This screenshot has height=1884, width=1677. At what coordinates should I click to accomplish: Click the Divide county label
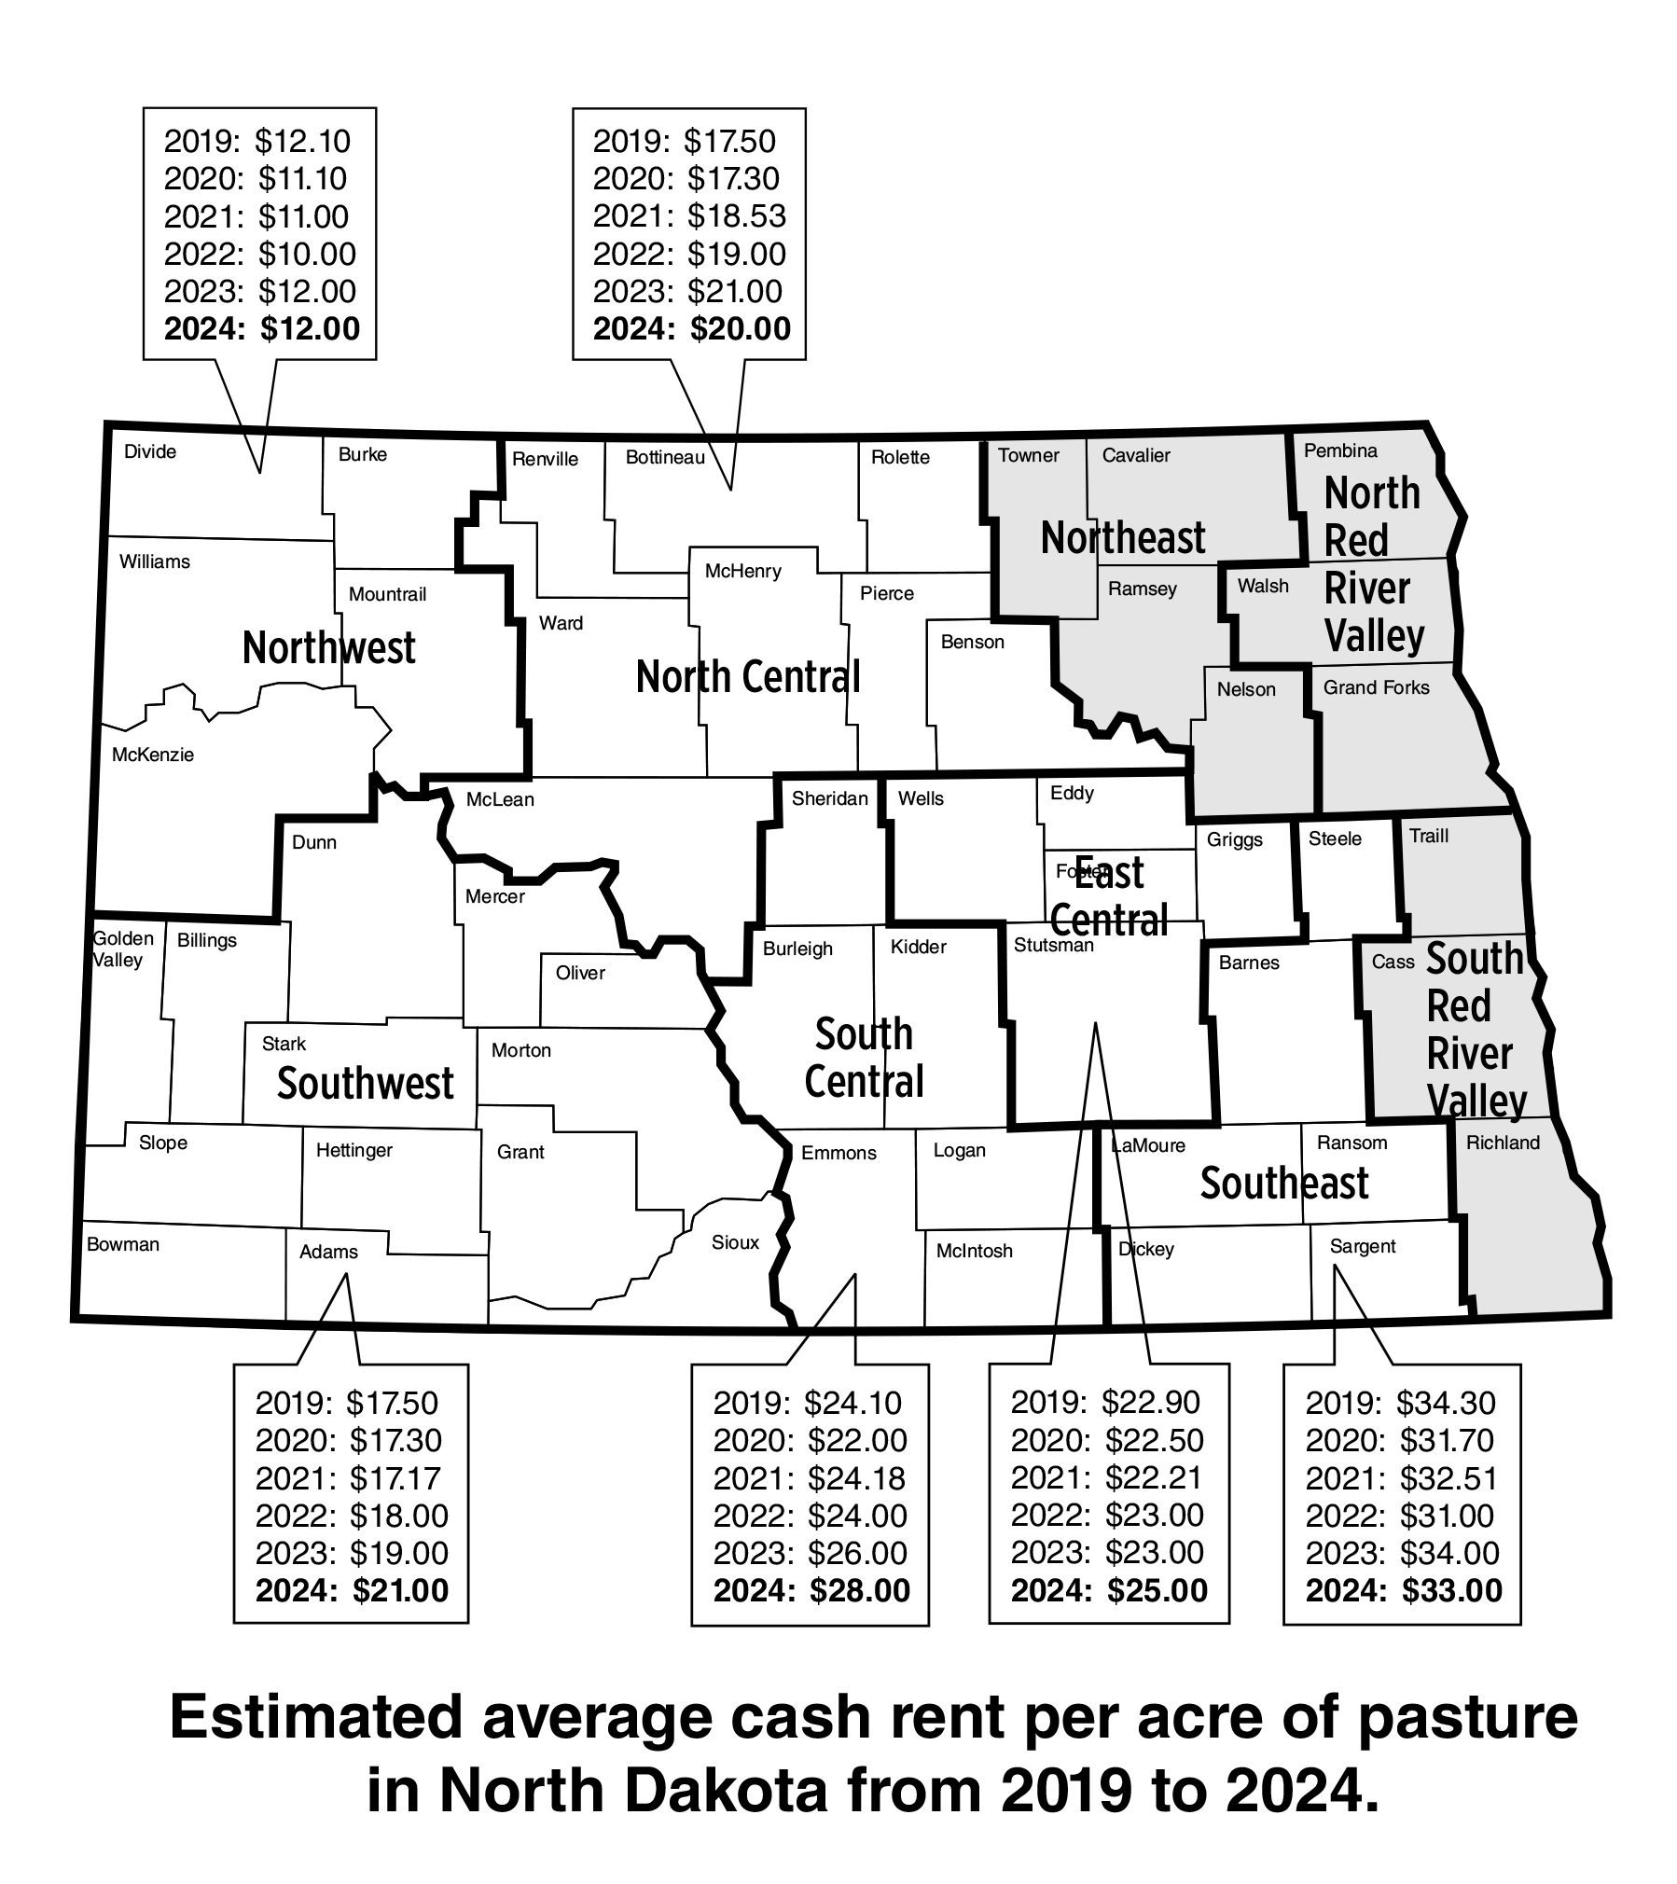(150, 452)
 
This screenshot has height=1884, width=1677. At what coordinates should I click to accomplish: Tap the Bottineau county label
(665, 458)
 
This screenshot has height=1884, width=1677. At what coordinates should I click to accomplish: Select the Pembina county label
(1340, 451)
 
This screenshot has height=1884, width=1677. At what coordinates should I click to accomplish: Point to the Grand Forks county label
(1376, 688)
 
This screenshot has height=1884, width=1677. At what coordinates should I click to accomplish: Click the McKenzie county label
(153, 755)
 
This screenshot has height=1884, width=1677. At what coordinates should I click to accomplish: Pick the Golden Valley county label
(121, 949)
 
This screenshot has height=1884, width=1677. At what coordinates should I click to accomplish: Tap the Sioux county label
(735, 1242)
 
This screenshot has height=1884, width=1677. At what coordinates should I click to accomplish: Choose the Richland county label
(1503, 1143)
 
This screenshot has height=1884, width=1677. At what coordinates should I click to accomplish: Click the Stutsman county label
(1053, 946)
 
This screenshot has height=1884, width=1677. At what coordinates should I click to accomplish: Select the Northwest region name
(328, 648)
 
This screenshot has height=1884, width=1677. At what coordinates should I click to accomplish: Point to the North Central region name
(747, 677)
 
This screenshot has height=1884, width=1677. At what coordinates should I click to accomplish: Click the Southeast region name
(1283, 1184)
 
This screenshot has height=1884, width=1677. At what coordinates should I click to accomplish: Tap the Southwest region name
(365, 1084)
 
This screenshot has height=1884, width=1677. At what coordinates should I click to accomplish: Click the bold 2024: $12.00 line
(261, 329)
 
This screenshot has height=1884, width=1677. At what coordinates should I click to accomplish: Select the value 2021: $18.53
(689, 216)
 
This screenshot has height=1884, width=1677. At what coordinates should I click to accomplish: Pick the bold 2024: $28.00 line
(811, 1590)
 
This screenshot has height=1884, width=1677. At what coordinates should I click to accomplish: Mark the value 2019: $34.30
(1400, 1403)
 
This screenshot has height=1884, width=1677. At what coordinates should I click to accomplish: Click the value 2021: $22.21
(1107, 1477)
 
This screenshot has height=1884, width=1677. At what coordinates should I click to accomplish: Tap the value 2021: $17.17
(348, 1478)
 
